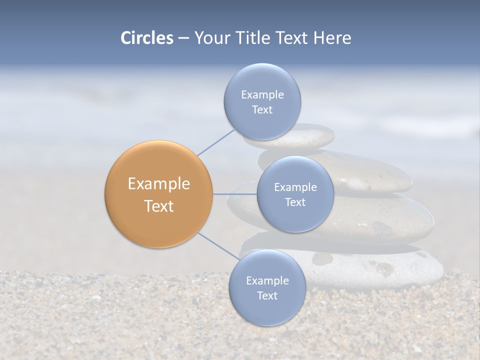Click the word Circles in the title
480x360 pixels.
tap(146, 38)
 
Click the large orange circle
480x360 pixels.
tap(159, 194)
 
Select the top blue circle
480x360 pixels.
tap(262, 101)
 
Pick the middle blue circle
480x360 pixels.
tap(295, 194)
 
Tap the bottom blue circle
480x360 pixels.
tap(267, 287)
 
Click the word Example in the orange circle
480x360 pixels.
tap(159, 184)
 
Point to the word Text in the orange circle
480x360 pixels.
tap(159, 206)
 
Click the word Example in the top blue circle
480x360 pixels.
tap(262, 94)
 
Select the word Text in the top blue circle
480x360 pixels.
tap(262, 109)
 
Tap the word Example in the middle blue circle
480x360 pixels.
tap(295, 187)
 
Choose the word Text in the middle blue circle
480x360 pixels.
tap(295, 202)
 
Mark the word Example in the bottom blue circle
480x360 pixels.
tap(267, 280)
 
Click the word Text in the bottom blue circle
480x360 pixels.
tap(267, 295)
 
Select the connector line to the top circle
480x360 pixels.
tap(215, 142)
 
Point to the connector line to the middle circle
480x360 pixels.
tap(235, 194)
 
